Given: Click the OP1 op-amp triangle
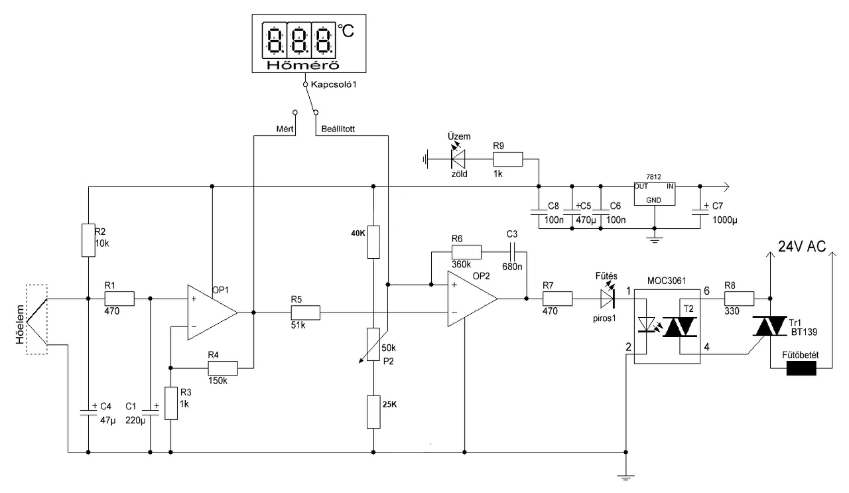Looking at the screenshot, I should pyautogui.click(x=209, y=313).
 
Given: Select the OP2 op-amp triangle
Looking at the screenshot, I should pyautogui.click(x=470, y=299).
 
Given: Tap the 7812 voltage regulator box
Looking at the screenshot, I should pyautogui.click(x=653, y=192).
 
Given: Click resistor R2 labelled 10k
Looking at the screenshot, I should pyautogui.click(x=88, y=240).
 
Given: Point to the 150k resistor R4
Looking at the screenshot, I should pyautogui.click(x=222, y=367).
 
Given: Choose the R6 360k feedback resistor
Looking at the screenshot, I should pyautogui.click(x=466, y=252).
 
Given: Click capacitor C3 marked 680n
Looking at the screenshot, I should pyautogui.click(x=511, y=252).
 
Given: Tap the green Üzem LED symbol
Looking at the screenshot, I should pyautogui.click(x=458, y=158).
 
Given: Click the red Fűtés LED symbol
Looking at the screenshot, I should pyautogui.click(x=607, y=299).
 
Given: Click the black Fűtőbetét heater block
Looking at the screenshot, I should pyautogui.click(x=801, y=368).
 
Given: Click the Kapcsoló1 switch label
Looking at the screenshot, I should pyautogui.click(x=332, y=86).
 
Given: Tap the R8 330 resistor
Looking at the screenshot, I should pyautogui.click(x=739, y=299).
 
